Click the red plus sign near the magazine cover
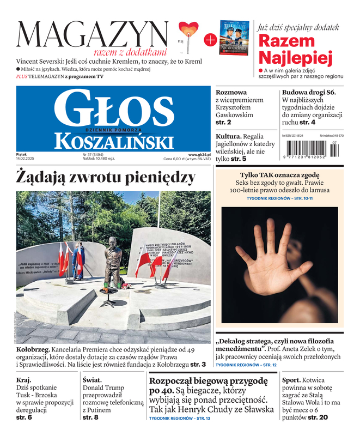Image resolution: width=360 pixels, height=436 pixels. coord(209,39)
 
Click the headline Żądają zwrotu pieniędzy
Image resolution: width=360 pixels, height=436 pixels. coord(106,178)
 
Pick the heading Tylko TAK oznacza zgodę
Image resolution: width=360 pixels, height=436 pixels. coord(279,175)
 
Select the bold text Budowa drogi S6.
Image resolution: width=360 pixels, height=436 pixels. coord(308,93)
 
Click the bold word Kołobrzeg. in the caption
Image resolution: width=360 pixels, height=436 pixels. coord(34,349)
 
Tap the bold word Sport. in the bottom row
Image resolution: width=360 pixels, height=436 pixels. coord(294,380)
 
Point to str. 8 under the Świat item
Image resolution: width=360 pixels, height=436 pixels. coord(90,417)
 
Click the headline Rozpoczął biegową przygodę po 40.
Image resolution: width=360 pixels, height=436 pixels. coord(208,386)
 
